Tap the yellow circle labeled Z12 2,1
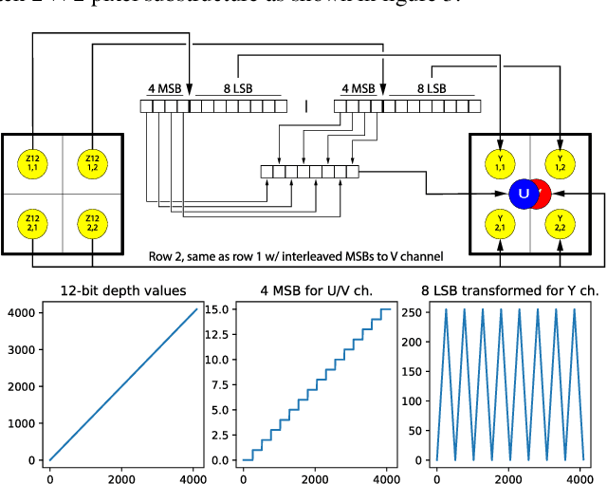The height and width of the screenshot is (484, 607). [33, 223]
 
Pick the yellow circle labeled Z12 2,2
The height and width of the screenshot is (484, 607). [92, 223]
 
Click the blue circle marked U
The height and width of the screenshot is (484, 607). [523, 194]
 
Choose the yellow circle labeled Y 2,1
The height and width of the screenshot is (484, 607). [501, 223]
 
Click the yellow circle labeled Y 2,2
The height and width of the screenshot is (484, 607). [560, 223]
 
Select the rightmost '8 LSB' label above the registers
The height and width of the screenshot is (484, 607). [432, 90]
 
